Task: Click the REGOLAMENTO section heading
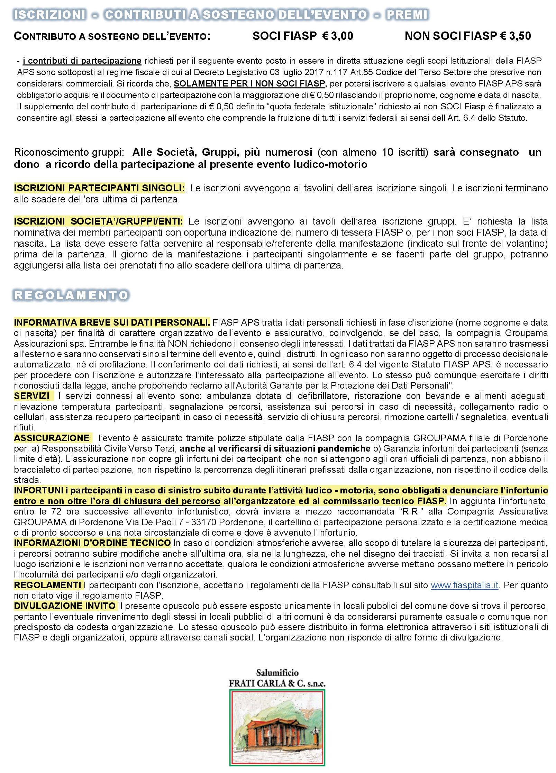tap(71, 295)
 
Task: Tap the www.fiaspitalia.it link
tap(464, 585)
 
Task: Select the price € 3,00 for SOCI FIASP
tap(337, 36)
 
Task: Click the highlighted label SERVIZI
tap(32, 396)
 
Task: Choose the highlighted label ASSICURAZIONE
tap(52, 438)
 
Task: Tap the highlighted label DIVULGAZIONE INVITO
tap(65, 606)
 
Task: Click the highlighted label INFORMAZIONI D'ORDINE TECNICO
tap(92, 543)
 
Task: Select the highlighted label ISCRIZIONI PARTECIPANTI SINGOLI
tap(99, 188)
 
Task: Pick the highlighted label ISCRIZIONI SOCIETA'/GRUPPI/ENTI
tap(99, 221)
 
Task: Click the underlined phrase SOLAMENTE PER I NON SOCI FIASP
tap(249, 84)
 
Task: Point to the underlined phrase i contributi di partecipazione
tap(82, 61)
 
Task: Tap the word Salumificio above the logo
tap(277, 673)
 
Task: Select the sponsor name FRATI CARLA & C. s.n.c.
tap(277, 683)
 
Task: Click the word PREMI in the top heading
tap(407, 15)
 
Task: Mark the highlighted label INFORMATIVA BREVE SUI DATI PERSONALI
tap(112, 322)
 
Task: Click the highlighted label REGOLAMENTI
tap(47, 585)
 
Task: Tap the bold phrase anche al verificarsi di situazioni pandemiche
tap(275, 448)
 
